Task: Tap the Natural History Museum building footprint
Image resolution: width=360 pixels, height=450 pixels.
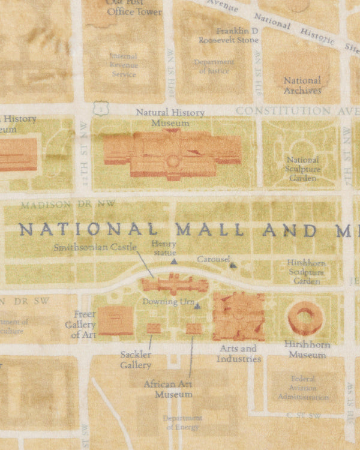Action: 172,154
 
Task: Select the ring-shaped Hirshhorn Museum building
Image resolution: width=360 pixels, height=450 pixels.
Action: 305,317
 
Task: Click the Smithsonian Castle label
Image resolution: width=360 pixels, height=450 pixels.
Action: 95,247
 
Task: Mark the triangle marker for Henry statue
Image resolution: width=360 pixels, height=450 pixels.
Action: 174,262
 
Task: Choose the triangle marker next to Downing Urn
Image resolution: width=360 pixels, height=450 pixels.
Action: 197,307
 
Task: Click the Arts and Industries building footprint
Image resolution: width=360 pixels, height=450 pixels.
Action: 238,316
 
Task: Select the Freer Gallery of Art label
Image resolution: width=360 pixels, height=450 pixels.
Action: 80,325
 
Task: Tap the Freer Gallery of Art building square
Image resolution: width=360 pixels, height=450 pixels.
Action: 115,320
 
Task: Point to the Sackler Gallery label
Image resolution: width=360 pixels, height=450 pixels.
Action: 136,359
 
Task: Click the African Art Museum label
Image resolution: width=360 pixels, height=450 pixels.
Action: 173,389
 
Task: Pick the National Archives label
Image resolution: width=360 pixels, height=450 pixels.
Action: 302,85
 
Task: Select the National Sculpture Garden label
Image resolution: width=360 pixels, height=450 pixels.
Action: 302,169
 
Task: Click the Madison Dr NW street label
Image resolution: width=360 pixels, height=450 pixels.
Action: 67,205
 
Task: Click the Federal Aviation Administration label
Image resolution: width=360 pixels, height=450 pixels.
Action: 303,388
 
